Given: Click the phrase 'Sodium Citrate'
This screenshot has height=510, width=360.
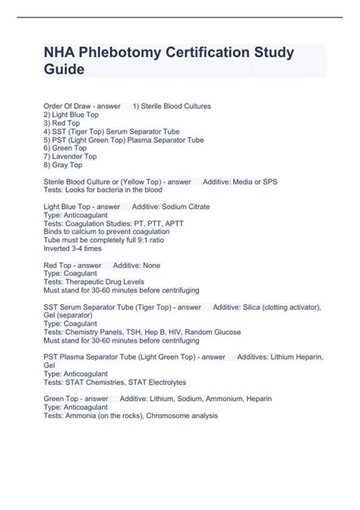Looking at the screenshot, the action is pos(186,206).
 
